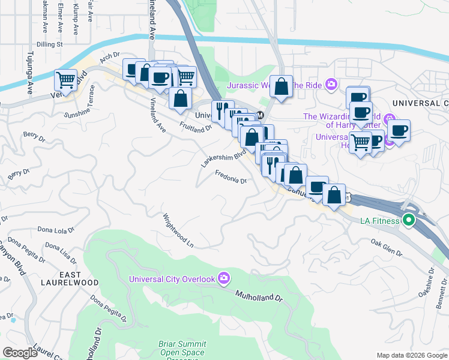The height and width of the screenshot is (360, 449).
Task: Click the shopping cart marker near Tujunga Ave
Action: (65, 80)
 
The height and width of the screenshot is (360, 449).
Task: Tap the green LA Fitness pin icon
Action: (409, 220)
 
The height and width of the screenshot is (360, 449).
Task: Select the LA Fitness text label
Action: (379, 221)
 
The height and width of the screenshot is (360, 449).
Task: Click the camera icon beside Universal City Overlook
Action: (224, 278)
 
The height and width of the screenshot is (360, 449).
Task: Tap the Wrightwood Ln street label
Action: (179, 231)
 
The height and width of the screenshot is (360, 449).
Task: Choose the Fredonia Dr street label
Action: (231, 178)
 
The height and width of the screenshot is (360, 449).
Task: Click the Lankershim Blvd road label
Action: (224, 158)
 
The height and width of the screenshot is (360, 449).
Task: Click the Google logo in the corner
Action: (20, 352)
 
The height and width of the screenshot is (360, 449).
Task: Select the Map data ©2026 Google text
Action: (412, 355)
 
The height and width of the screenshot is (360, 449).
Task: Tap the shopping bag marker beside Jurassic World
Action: (281, 86)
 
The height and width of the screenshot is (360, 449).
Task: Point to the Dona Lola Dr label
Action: (56, 229)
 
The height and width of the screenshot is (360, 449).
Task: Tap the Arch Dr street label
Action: (110, 58)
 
